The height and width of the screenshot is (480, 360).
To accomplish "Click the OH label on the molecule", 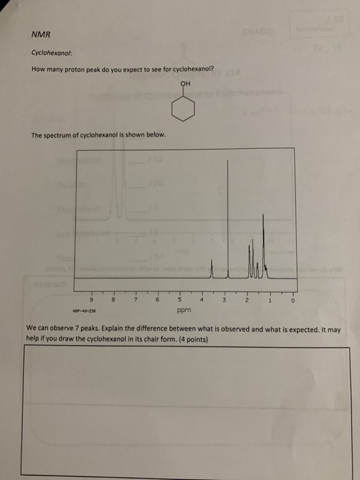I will click(x=183, y=86).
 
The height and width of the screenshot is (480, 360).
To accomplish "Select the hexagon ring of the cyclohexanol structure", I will click(x=184, y=108).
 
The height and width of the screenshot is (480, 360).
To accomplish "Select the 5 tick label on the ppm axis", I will click(x=180, y=300).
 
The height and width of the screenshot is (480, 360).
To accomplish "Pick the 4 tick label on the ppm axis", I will click(x=202, y=300).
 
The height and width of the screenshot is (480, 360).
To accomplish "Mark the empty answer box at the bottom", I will click(x=180, y=411).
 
